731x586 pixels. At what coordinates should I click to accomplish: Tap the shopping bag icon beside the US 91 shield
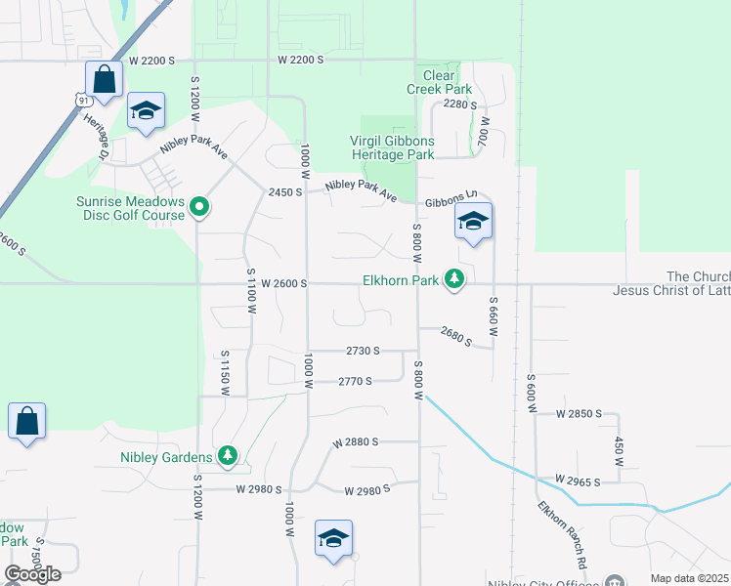pyautogui.click(x=104, y=78)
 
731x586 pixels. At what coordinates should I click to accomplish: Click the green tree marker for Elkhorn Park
pyautogui.click(x=454, y=280)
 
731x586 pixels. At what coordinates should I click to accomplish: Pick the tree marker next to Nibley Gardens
pyautogui.click(x=228, y=455)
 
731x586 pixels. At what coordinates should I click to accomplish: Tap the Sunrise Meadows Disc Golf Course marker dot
pyautogui.click(x=199, y=206)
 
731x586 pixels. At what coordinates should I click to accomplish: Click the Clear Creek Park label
pyautogui.click(x=440, y=82)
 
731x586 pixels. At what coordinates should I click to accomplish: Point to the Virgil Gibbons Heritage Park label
pyautogui.click(x=392, y=147)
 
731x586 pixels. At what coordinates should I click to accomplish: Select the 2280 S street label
pyautogui.click(x=459, y=105)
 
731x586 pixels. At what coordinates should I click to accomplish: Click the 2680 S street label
pyautogui.click(x=455, y=337)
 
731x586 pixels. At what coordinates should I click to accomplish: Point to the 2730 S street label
pyautogui.click(x=363, y=350)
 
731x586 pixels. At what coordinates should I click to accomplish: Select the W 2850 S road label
pyautogui.click(x=580, y=414)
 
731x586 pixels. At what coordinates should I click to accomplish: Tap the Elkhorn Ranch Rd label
pyautogui.click(x=563, y=535)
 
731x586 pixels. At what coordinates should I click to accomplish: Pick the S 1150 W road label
pyautogui.click(x=225, y=373)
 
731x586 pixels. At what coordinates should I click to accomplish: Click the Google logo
pyautogui.click(x=32, y=574)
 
